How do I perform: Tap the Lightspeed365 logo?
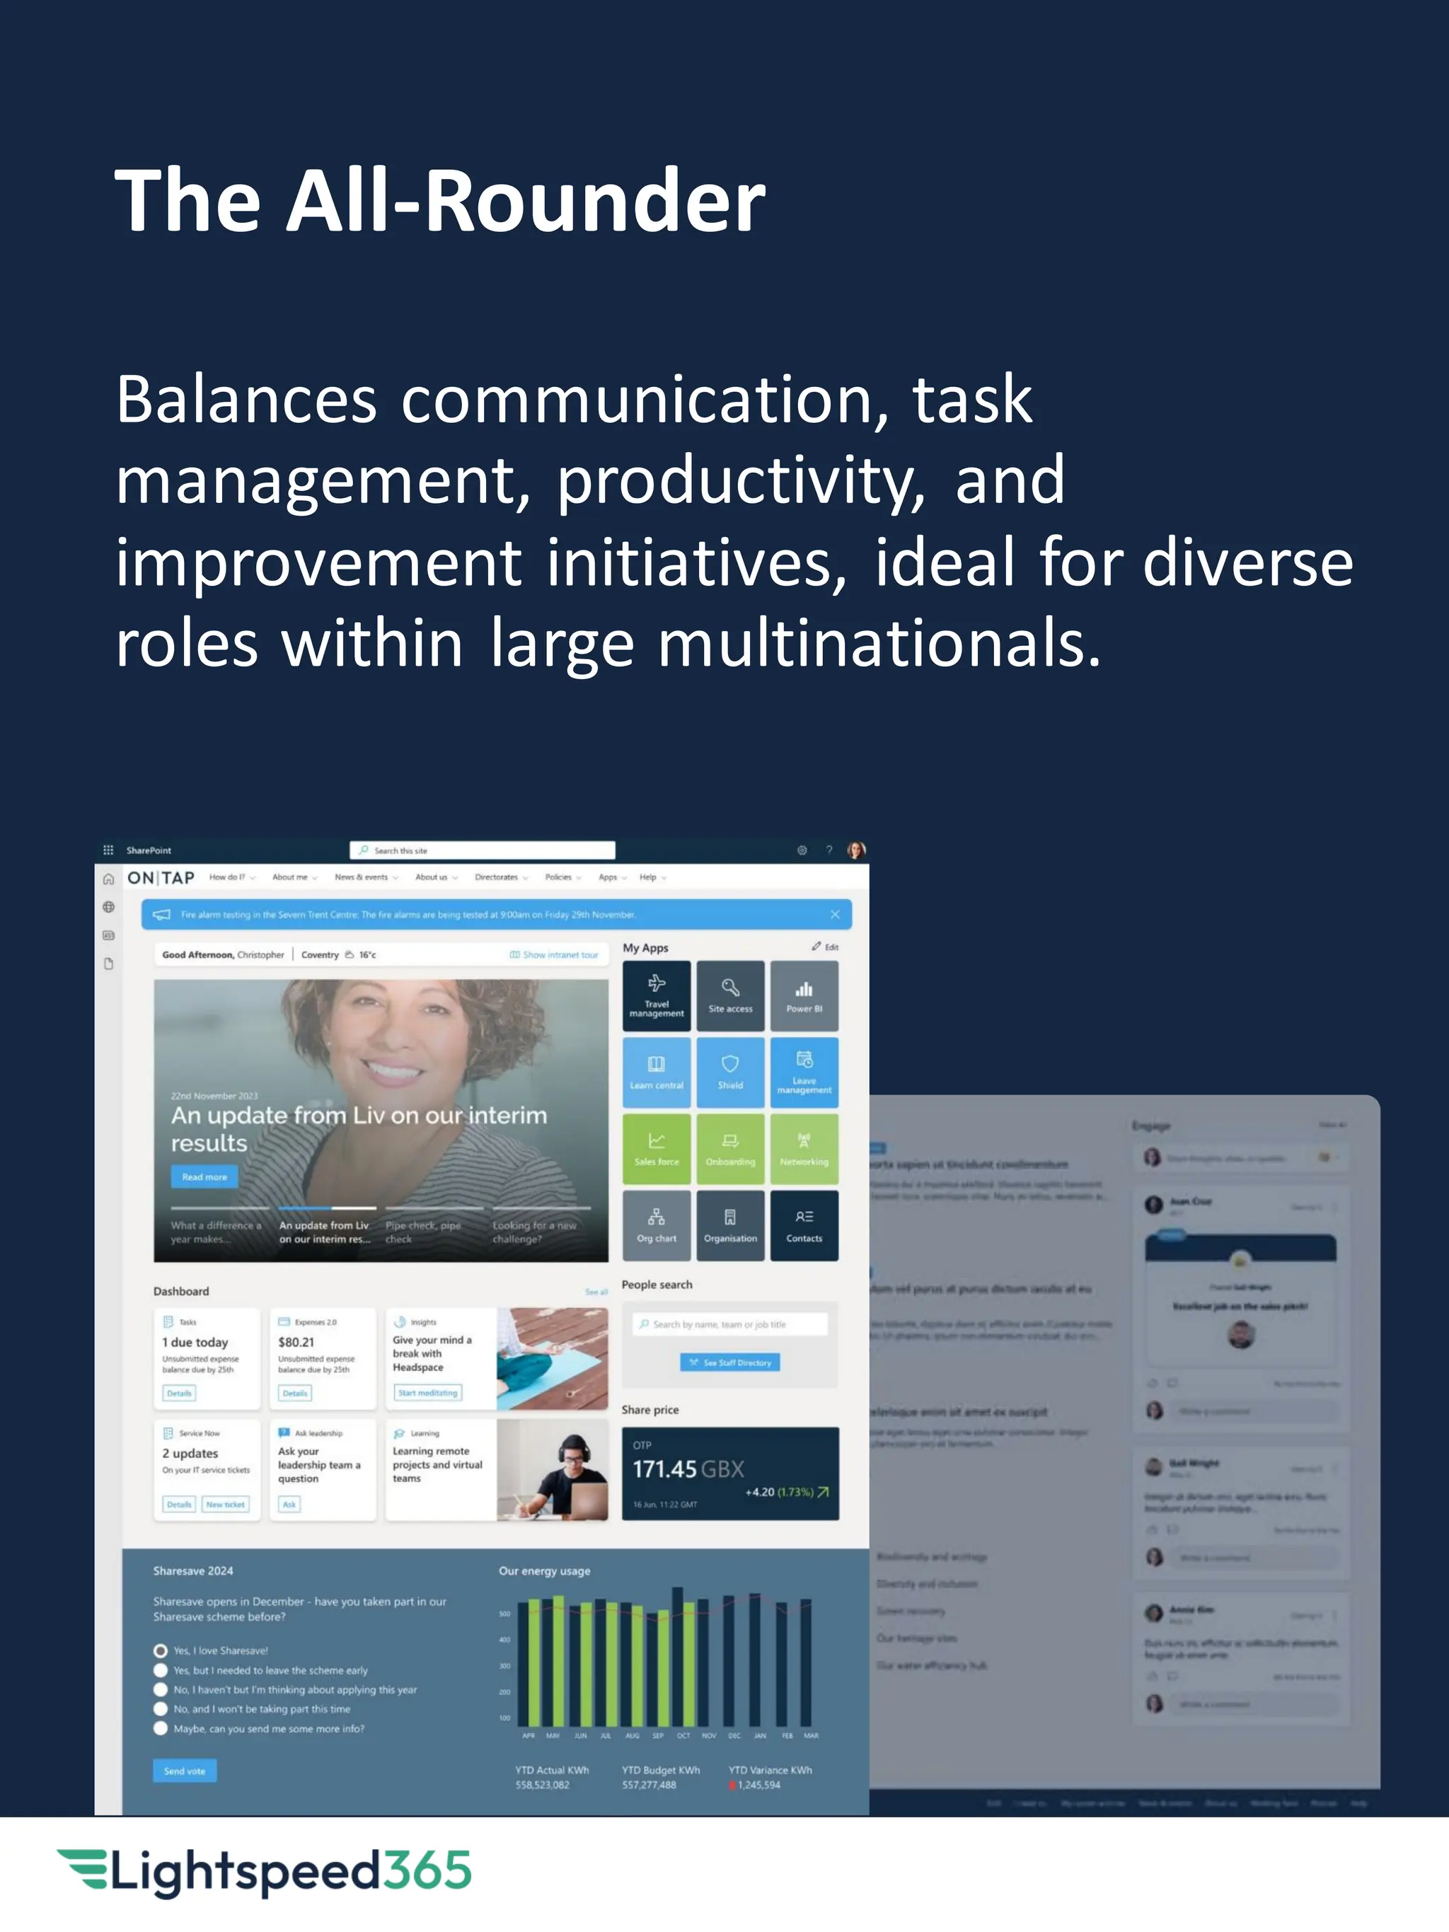264,1871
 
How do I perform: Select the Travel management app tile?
656,995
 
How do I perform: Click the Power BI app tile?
804,995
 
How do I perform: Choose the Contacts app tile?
804,1225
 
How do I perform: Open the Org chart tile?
656,1225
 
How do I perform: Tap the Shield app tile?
730,1072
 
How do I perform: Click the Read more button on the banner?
204,1176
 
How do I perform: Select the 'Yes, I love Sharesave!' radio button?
161,1650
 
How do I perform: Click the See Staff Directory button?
730,1362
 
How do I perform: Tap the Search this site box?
482,850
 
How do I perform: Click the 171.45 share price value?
664,1469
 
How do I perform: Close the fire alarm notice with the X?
835,915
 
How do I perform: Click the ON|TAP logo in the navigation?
161,877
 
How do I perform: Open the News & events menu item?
362,877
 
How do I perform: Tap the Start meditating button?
427,1392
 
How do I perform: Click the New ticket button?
225,1504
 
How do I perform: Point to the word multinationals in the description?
879,643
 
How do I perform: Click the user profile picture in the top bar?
856,850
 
